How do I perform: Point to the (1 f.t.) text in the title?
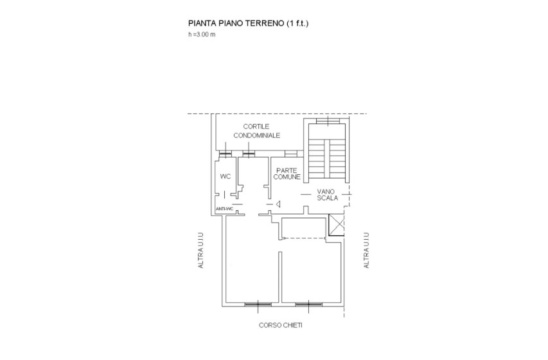click(297, 23)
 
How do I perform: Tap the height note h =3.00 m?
click(202, 34)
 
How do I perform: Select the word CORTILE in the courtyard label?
click(256, 126)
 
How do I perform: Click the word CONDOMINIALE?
click(257, 136)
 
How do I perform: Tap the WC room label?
click(225, 176)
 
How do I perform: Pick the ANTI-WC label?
click(224, 209)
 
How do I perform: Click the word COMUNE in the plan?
click(287, 177)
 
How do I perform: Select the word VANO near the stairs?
click(326, 192)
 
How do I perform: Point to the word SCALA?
click(328, 198)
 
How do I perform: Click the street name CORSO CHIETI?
click(281, 325)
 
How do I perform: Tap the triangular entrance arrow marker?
click(278, 204)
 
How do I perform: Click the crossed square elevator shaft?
click(337, 225)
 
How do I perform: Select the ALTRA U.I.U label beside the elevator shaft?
click(366, 251)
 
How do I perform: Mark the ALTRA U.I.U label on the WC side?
click(200, 251)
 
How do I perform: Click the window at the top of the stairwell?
click(328, 121)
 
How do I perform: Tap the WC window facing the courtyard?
click(225, 154)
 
